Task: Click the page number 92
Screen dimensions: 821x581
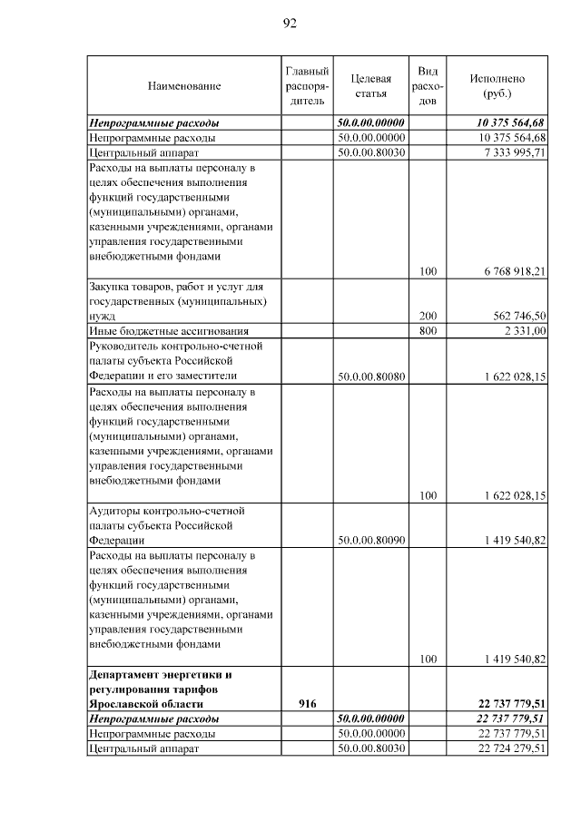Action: click(x=290, y=24)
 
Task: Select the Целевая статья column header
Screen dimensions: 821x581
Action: click(x=370, y=86)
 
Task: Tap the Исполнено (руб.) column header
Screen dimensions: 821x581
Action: click(x=497, y=86)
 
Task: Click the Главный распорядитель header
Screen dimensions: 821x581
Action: click(x=306, y=86)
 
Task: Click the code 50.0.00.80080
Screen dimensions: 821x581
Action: click(x=370, y=376)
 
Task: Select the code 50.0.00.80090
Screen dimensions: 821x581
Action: click(x=370, y=540)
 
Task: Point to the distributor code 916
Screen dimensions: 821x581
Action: click(x=307, y=703)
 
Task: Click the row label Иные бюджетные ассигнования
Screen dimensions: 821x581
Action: click(x=168, y=331)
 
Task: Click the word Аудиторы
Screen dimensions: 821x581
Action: click(x=114, y=511)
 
